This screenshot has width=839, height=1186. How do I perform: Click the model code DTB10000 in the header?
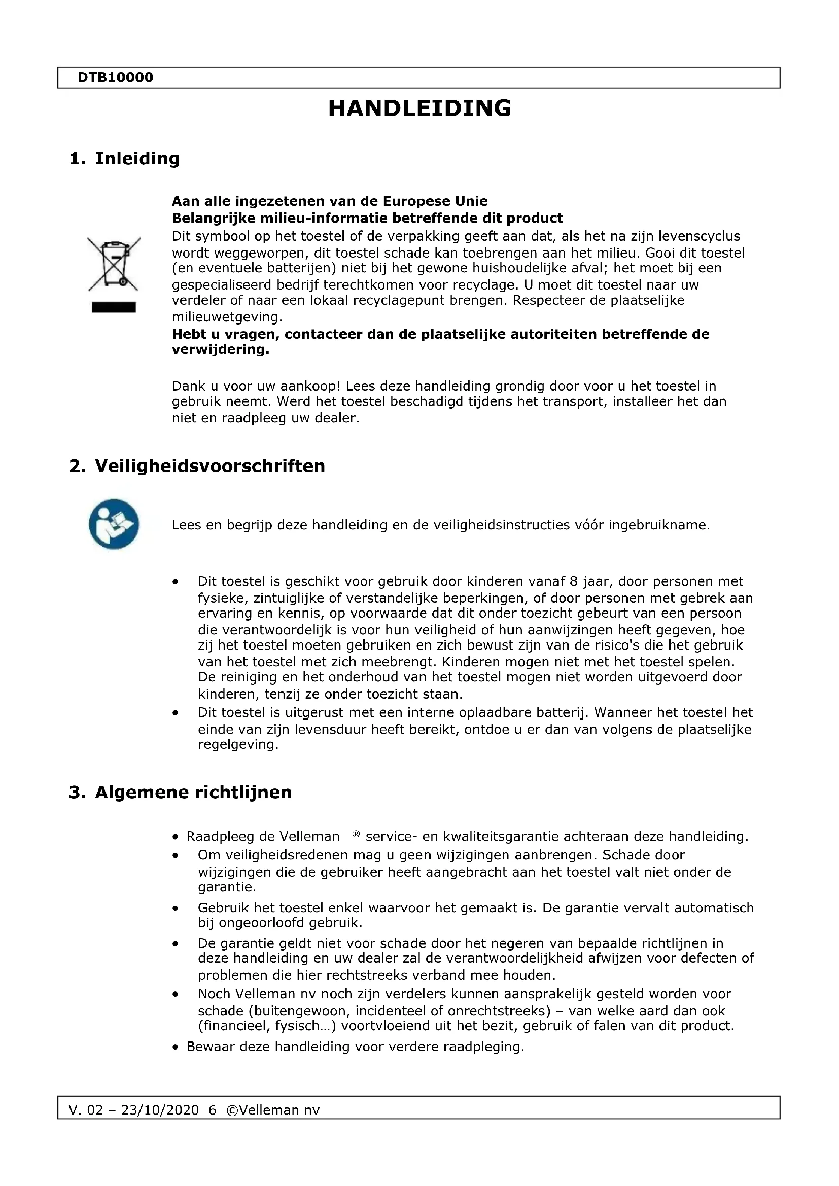(x=115, y=78)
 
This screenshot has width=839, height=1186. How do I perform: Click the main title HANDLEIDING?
(x=419, y=109)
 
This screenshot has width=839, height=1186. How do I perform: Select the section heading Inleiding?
(x=137, y=158)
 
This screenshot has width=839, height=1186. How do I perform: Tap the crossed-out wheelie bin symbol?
(x=114, y=264)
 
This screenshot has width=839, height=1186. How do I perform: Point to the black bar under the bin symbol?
(x=114, y=307)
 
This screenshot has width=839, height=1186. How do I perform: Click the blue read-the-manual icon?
(x=114, y=524)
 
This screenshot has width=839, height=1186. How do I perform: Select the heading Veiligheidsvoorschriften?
(x=210, y=466)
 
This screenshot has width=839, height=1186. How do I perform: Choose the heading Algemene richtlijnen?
(x=193, y=793)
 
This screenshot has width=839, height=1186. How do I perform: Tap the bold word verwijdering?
(x=220, y=350)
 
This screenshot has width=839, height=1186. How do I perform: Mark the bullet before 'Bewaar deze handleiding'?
(x=176, y=1047)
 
